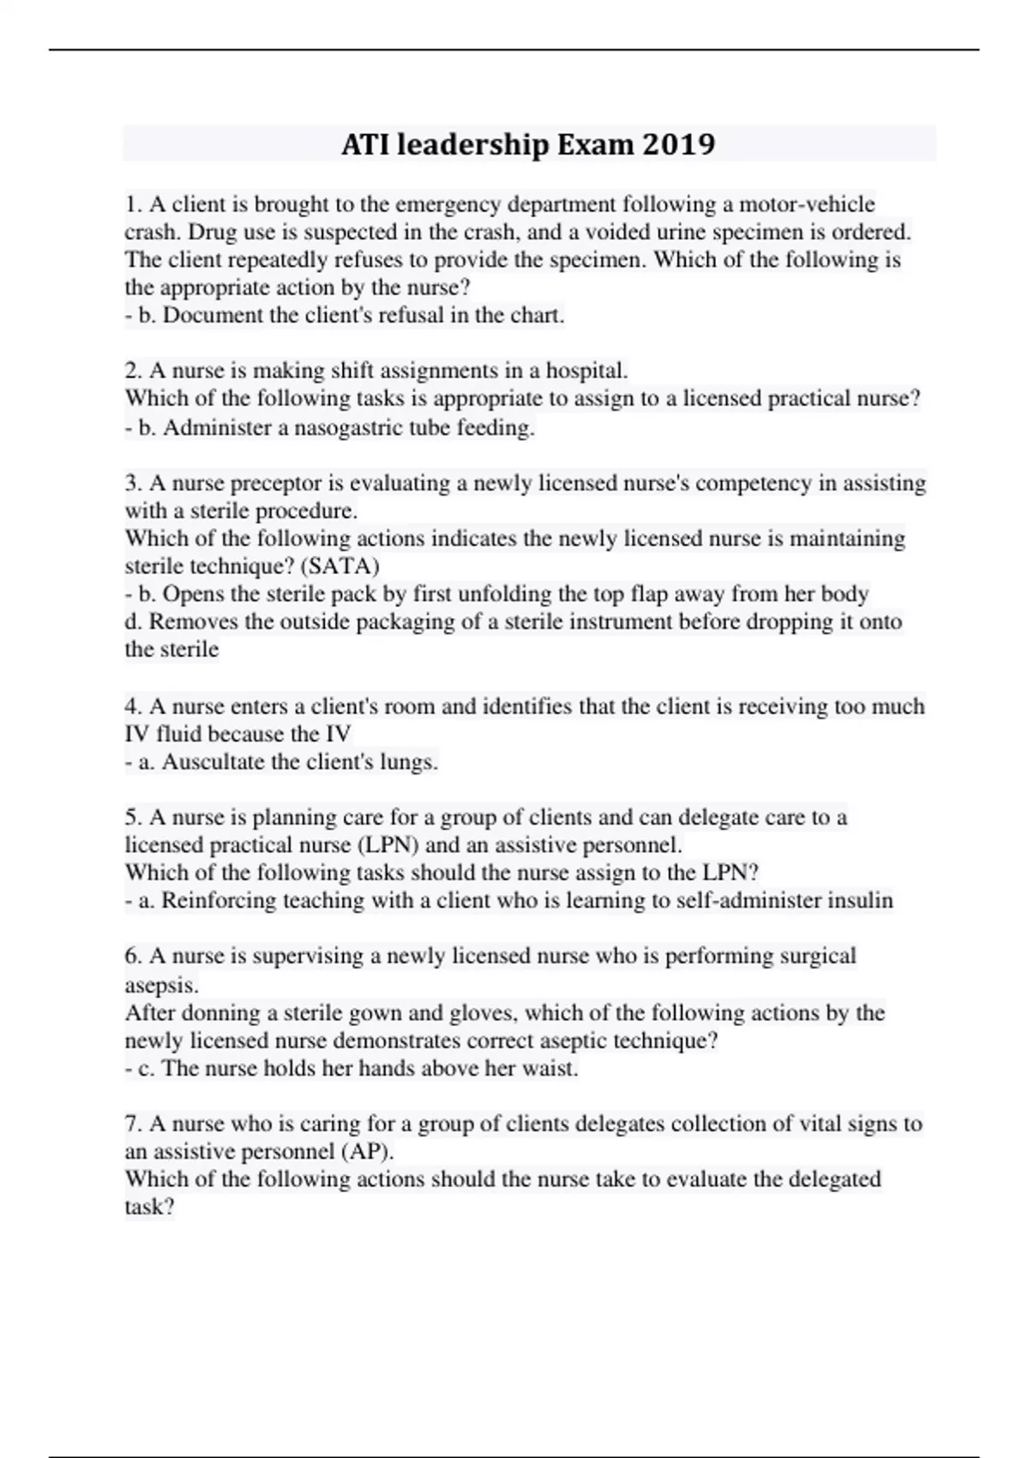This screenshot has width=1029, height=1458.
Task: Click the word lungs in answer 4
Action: tap(409, 762)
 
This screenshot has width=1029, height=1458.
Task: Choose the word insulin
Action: tap(860, 901)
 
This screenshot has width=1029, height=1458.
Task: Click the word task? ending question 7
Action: tap(150, 1207)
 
